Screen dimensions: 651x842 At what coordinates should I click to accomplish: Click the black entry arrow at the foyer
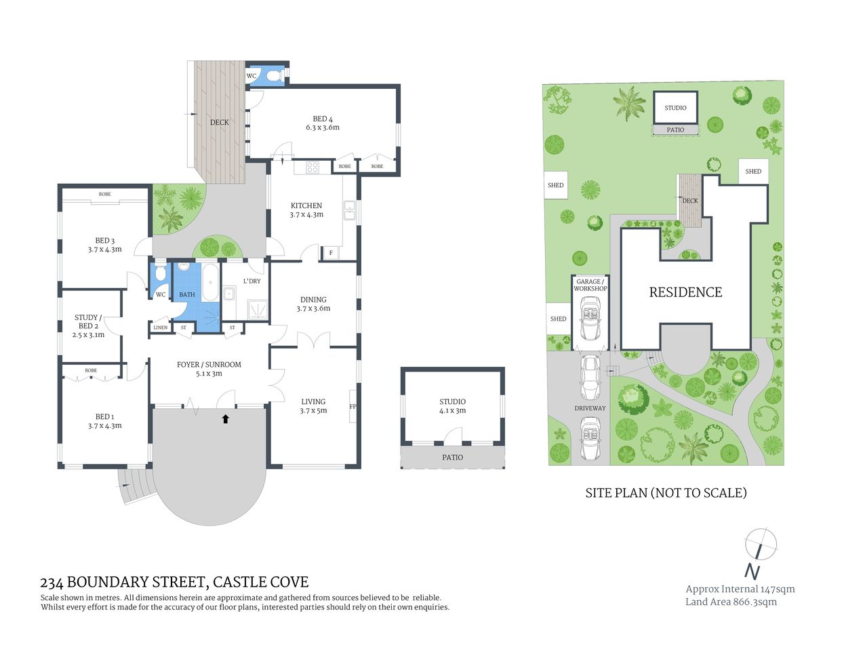click(225, 419)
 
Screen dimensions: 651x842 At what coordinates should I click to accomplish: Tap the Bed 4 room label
click(322, 123)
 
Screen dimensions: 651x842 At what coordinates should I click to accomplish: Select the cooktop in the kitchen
click(313, 167)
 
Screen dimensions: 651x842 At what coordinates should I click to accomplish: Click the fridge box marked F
click(331, 253)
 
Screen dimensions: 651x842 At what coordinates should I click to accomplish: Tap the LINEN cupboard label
click(160, 328)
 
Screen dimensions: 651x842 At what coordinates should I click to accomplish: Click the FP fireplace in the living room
click(353, 407)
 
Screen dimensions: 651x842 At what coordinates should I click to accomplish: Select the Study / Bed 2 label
click(87, 325)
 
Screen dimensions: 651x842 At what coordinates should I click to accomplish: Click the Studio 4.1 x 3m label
click(452, 406)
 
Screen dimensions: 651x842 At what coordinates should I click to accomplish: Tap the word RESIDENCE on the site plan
click(685, 292)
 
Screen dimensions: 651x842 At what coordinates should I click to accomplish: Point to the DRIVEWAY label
click(590, 408)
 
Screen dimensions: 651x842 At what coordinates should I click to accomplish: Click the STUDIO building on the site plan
click(675, 108)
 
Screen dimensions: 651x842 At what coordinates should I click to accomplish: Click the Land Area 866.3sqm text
click(731, 601)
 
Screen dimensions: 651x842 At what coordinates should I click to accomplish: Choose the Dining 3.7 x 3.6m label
click(313, 304)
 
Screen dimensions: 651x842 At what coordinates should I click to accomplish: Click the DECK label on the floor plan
click(219, 123)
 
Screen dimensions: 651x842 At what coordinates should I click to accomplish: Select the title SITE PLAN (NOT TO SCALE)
click(666, 493)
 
